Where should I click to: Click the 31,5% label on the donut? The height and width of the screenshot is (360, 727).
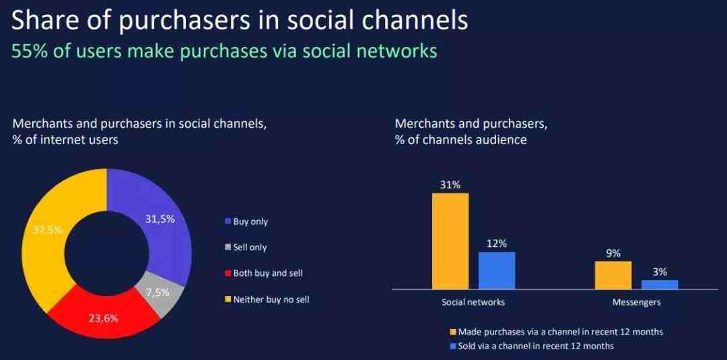click(x=160, y=219)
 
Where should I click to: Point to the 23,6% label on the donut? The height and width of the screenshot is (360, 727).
click(x=104, y=319)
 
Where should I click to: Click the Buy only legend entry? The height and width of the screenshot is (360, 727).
click(x=246, y=221)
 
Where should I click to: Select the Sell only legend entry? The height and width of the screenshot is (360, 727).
click(x=246, y=248)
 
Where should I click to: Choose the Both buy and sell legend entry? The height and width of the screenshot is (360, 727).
click(x=264, y=273)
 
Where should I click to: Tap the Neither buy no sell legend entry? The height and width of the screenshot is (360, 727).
click(x=267, y=299)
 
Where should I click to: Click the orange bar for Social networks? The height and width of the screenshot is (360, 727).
click(x=450, y=241)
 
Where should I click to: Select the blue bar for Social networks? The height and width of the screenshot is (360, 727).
click(x=497, y=271)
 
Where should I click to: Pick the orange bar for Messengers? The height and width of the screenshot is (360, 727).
click(x=613, y=275)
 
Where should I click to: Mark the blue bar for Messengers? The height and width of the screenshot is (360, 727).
click(x=660, y=285)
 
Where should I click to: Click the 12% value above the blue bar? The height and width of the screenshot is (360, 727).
click(x=497, y=243)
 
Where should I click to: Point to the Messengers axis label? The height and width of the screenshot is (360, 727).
click(x=637, y=303)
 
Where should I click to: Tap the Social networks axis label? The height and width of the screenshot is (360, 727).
click(x=473, y=303)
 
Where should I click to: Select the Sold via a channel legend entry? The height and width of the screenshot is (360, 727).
click(x=532, y=346)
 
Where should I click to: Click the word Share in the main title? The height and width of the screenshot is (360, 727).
click(x=42, y=22)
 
